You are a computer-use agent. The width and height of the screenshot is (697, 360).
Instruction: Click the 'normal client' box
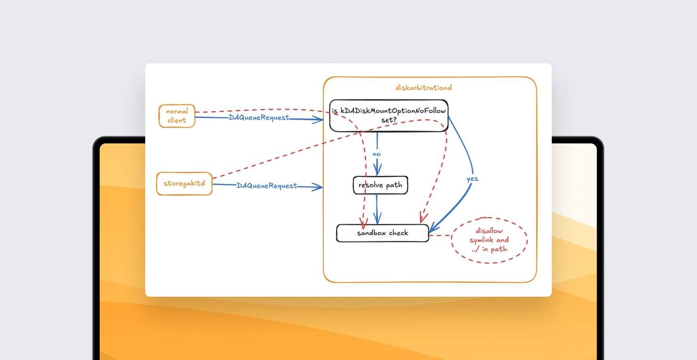177,116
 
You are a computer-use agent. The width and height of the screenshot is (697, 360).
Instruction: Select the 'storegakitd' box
184,183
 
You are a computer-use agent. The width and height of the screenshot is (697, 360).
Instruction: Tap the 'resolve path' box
380,185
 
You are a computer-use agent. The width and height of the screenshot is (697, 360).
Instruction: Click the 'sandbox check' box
382,233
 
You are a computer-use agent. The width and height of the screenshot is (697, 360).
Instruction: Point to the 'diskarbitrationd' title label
424,88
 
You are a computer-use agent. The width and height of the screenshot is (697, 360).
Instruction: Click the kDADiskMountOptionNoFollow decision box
389,115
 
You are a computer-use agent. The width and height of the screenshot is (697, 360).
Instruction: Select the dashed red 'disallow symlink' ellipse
489,240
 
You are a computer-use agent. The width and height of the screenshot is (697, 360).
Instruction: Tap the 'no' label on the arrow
376,154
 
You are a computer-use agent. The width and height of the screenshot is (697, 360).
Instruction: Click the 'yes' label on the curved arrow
472,179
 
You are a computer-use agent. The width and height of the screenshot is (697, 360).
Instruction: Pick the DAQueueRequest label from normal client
259,117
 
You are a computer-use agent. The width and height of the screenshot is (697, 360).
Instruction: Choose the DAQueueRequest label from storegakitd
267,186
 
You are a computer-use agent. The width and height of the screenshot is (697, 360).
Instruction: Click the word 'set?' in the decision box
389,120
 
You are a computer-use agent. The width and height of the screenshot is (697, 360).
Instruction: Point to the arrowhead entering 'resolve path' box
377,172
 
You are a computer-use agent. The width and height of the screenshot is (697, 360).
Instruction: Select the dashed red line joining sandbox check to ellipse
440,235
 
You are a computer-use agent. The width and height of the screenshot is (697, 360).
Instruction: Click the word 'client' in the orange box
177,120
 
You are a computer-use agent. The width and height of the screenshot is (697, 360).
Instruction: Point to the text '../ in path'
489,249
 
